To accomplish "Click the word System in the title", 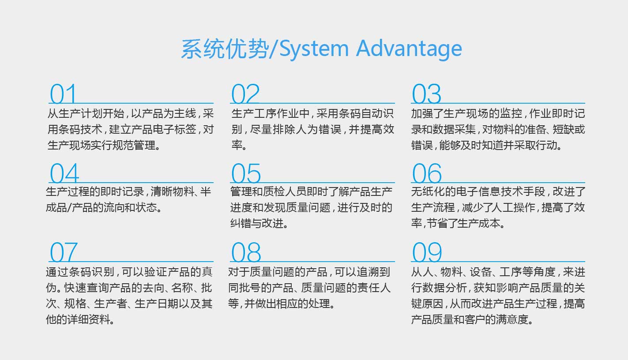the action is (314, 49).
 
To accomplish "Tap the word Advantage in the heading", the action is (409, 49).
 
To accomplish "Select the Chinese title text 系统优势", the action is (225, 49).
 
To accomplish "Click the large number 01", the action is (63, 94).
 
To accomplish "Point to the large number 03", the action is (426, 94).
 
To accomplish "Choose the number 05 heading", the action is (246, 173).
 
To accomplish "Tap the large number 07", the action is (64, 252).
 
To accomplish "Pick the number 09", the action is (427, 252).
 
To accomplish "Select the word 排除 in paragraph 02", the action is (283, 129).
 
